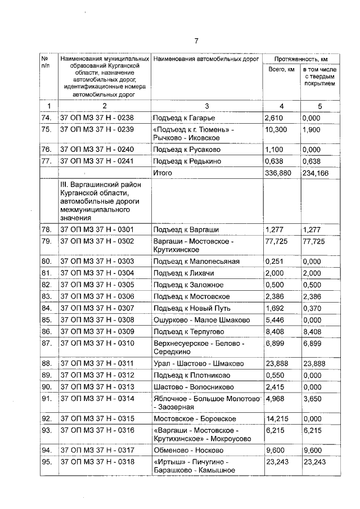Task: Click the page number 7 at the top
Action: pyautogui.click(x=197, y=40)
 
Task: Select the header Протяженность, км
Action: pyautogui.click(x=301, y=58)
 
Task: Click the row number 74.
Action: pyautogui.click(x=47, y=118)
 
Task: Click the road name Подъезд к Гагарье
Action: pyautogui.click(x=182, y=118)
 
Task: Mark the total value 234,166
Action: pyautogui.click(x=316, y=173)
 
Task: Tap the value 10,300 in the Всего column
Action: pyautogui.click(x=276, y=129)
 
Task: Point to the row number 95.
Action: pyautogui.click(x=47, y=461)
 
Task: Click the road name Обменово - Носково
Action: pyautogui.click(x=188, y=450)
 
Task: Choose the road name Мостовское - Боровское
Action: pyautogui.click(x=195, y=418)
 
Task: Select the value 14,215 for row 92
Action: pyautogui.click(x=276, y=418)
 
